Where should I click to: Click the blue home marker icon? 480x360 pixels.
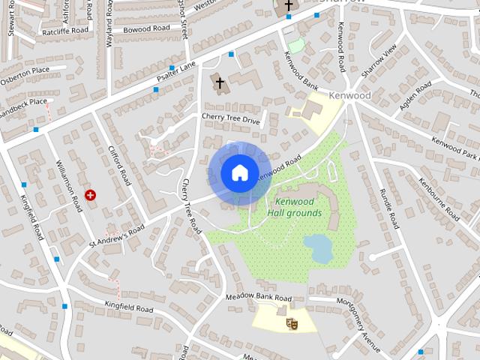pos(238,172)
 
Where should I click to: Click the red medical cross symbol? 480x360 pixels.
pos(91,195)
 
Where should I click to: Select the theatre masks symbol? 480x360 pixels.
pos(293,323)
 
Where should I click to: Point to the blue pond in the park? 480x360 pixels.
pos(319,247)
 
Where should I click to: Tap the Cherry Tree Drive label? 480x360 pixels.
pos(230,118)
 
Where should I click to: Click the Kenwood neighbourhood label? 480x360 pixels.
pos(349,97)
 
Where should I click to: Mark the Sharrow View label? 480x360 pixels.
pos(379,64)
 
